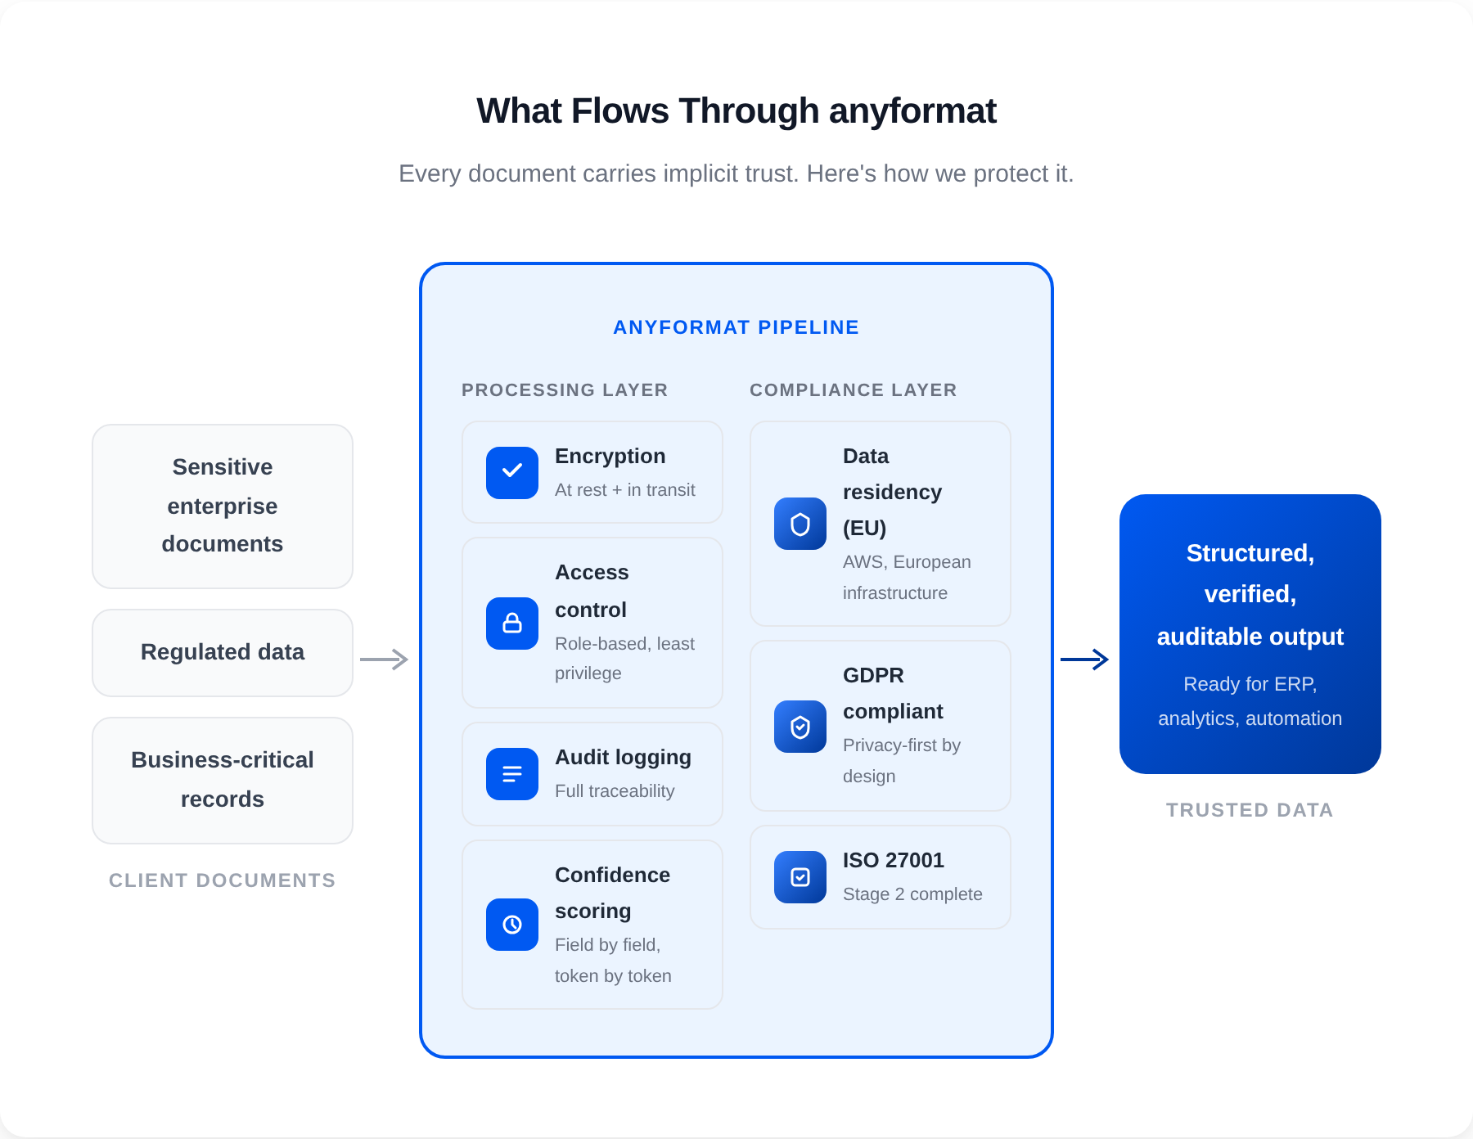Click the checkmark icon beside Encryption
(512, 473)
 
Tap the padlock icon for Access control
(512, 624)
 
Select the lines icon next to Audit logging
(512, 774)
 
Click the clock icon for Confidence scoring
(512, 925)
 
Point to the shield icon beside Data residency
(800, 524)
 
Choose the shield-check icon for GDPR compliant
(800, 727)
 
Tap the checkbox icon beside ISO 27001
(800, 877)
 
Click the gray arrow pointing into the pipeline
(385, 660)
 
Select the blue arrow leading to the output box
(1085, 660)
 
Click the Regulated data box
(223, 653)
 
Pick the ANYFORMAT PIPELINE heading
(736, 327)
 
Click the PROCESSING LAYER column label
(565, 390)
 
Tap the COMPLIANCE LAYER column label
(853, 390)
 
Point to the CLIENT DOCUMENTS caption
(222, 880)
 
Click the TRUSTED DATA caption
(1250, 810)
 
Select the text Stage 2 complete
(912, 894)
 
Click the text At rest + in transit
(624, 490)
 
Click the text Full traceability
(615, 791)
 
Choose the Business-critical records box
(223, 781)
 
